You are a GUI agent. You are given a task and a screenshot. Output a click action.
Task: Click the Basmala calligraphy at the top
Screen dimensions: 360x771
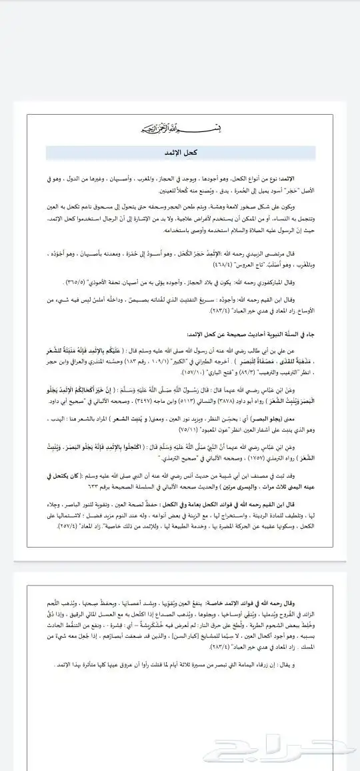coord(179,128)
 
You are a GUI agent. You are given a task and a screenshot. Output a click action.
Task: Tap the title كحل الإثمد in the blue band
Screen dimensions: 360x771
coord(179,153)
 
